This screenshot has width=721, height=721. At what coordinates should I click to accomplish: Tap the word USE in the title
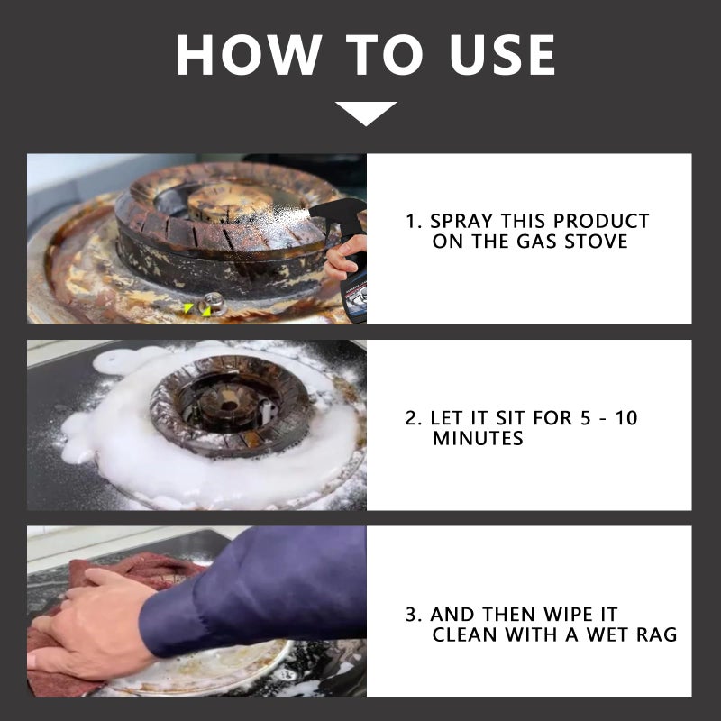502,55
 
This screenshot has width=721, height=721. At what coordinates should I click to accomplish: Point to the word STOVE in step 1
596,242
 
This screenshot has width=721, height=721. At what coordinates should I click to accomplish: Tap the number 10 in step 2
625,418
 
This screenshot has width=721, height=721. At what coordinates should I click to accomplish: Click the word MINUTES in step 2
478,438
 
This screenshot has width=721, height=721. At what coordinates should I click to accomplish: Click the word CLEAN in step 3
465,635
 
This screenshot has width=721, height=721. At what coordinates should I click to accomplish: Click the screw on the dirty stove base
214,302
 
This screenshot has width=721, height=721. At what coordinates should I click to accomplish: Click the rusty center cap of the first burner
229,202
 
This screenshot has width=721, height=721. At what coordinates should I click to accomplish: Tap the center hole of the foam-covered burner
228,406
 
